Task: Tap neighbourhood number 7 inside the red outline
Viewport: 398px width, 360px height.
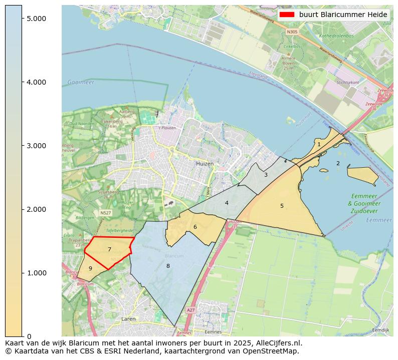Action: pyautogui.click(x=109, y=249)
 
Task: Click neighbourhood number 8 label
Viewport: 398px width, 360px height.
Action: pyautogui.click(x=168, y=266)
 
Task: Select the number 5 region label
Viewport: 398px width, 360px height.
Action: pyautogui.click(x=282, y=206)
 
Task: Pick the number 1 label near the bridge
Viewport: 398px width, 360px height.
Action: pyautogui.click(x=319, y=144)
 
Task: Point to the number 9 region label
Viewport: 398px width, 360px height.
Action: pyautogui.click(x=90, y=268)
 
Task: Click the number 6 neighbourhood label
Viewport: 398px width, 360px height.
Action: pyautogui.click(x=195, y=227)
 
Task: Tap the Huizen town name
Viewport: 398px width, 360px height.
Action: pyautogui.click(x=205, y=164)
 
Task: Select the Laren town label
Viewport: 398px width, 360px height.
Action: pyautogui.click(x=128, y=318)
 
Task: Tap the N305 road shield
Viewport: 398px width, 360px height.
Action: pyautogui.click(x=292, y=32)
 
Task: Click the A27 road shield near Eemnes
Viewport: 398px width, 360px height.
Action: pyautogui.click(x=190, y=310)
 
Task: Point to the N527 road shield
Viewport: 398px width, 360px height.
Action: pyautogui.click(x=105, y=213)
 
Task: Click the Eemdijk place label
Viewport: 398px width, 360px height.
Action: pyautogui.click(x=381, y=330)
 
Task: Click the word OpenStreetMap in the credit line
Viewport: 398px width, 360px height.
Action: pyautogui.click(x=272, y=351)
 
